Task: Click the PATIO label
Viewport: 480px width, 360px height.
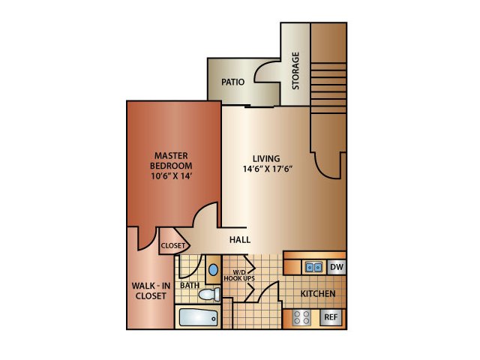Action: point(233,82)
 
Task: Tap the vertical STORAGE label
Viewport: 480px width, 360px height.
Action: point(295,70)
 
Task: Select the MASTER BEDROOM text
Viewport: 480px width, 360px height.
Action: point(171,160)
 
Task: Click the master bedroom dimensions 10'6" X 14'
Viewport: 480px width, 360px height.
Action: point(172,176)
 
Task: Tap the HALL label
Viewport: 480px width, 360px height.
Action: point(240,240)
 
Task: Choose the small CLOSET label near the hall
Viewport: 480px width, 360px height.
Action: point(173,245)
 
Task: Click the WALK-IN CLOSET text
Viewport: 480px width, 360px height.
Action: point(151,291)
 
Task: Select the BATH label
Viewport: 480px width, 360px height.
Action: point(190,285)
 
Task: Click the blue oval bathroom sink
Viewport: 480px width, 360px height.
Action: point(213,270)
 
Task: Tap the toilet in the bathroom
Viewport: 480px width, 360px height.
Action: point(209,295)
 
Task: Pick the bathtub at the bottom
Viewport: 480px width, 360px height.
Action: point(198,317)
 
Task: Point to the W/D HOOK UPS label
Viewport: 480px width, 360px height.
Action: point(239,275)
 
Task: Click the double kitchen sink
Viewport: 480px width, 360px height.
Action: point(313,267)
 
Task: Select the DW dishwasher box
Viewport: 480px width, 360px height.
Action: point(337,267)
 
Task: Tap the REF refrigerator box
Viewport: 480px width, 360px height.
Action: point(331,317)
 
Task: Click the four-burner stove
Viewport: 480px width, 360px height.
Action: point(301,317)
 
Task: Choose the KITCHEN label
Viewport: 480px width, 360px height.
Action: point(318,293)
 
